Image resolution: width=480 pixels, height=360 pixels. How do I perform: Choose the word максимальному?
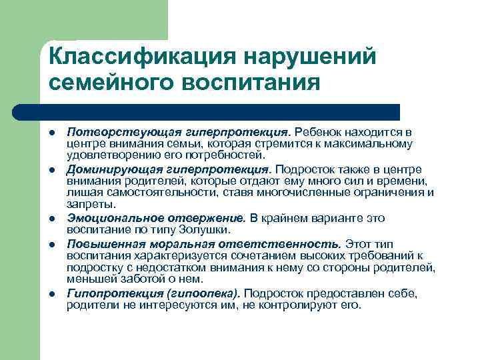coord(373,143)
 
